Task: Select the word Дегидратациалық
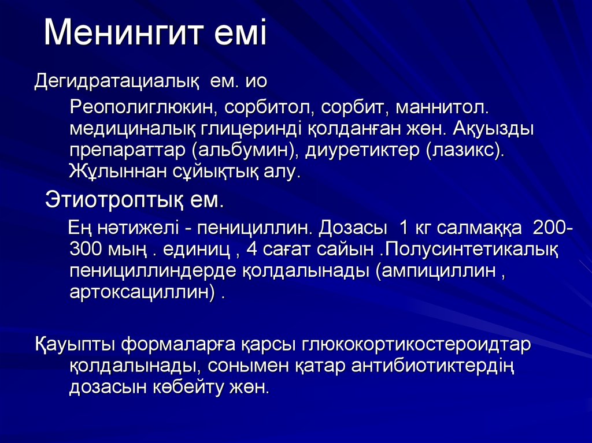(117, 81)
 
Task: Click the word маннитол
(442, 107)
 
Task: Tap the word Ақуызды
(494, 129)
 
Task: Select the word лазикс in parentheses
(464, 151)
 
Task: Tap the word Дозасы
(353, 228)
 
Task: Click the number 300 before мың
(86, 250)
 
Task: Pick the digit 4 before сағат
(251, 250)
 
